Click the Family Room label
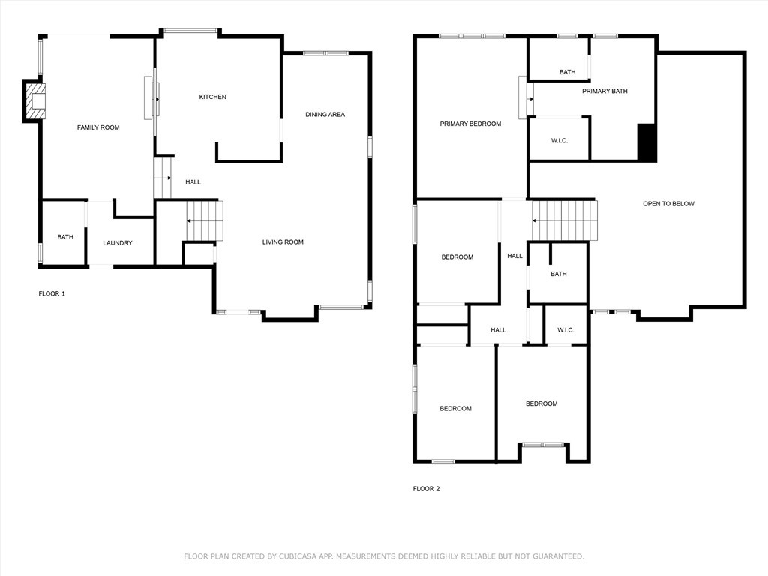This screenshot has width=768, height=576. [98, 127]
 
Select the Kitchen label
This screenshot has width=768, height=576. [212, 97]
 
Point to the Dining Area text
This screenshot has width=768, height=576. [325, 115]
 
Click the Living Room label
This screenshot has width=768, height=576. [283, 242]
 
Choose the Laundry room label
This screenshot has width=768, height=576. [118, 243]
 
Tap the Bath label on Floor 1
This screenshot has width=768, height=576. [65, 237]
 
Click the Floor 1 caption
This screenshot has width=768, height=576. [52, 293]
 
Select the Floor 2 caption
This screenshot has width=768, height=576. [426, 489]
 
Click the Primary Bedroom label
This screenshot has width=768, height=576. [470, 124]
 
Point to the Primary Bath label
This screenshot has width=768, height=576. [604, 91]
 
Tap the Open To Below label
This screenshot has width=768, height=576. [668, 204]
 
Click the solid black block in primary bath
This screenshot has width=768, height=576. [646, 142]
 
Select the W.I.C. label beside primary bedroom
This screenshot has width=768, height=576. [559, 141]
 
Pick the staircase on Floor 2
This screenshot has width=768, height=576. [565, 220]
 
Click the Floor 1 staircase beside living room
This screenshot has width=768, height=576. [205, 221]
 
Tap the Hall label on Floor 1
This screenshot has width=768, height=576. [193, 182]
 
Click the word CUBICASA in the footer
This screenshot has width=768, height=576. [298, 556]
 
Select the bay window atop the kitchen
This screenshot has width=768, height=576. [190, 31]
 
